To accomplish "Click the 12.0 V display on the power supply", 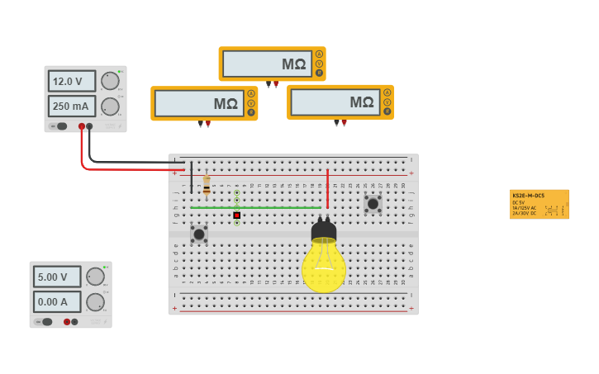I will point(71,81).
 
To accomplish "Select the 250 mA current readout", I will point(71,107).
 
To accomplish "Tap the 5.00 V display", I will point(57,277).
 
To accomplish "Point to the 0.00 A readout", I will point(57,302).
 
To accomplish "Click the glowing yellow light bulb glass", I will point(323,267).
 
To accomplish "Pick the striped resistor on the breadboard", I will point(207,185).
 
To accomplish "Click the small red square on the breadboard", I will point(236,215).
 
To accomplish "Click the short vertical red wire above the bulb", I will point(327,188).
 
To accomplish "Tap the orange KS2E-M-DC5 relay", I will point(539,203).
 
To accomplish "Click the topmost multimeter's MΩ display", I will point(266,64).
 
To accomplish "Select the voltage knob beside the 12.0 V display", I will point(109,80).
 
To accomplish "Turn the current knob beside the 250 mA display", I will point(109,107).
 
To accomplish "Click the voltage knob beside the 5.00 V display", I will point(95,277).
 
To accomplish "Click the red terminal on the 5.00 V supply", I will point(67,322).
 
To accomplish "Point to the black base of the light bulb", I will point(323,230).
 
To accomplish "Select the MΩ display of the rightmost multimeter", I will point(335,102).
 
